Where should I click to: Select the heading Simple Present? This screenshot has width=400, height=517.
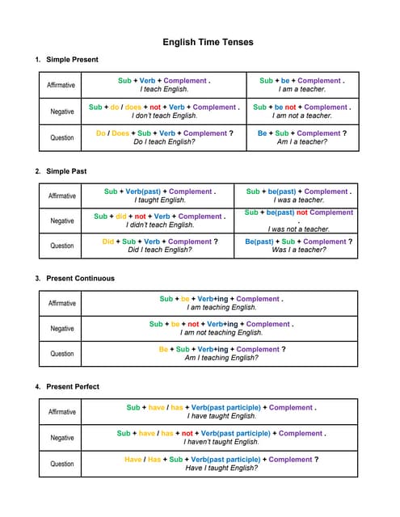click(x=73, y=60)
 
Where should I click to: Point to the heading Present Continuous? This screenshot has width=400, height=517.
click(x=80, y=279)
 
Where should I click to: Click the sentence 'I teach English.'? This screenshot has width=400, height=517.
click(x=164, y=90)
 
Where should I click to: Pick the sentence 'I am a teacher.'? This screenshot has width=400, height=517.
click(x=301, y=90)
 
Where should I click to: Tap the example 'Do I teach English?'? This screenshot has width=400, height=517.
click(x=164, y=142)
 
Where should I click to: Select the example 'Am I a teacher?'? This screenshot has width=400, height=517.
click(x=301, y=142)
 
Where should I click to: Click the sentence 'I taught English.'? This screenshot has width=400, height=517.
click(x=160, y=200)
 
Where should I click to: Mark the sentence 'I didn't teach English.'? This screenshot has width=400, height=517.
click(x=160, y=225)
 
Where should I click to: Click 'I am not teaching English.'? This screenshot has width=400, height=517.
click(x=221, y=333)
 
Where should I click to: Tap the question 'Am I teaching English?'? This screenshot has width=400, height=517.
click(x=221, y=358)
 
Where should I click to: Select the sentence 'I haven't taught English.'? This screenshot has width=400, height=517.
click(x=221, y=443)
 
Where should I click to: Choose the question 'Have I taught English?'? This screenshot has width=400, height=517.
click(x=221, y=469)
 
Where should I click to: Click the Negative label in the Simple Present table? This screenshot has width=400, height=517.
click(x=62, y=111)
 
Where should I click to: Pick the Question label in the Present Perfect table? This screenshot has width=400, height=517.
click(x=62, y=464)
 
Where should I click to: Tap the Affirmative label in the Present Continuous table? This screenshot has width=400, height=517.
click(x=62, y=304)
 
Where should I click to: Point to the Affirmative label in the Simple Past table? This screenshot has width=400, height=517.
click(x=62, y=196)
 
